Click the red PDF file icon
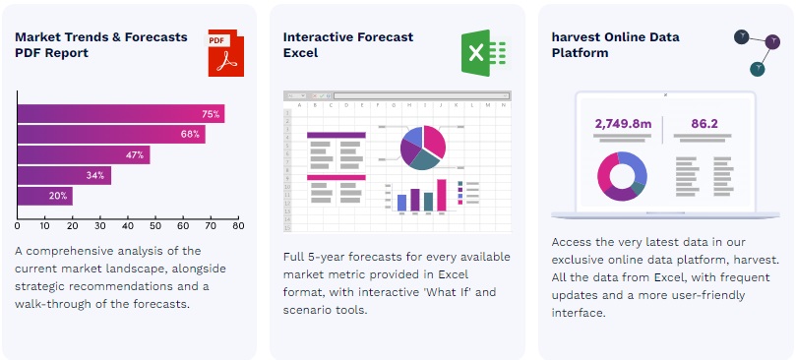225,53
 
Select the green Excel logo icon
483,53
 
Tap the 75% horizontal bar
121,114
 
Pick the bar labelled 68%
112,135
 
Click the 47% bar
84,154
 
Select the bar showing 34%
65,176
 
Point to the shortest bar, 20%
45,196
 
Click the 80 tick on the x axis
238,226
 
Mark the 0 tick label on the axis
18,226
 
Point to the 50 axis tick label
155,226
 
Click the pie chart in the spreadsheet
423,148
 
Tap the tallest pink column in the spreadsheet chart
442,195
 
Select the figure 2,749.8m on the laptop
623,123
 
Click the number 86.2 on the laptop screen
704,123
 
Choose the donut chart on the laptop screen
622,176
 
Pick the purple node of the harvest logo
772,41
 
